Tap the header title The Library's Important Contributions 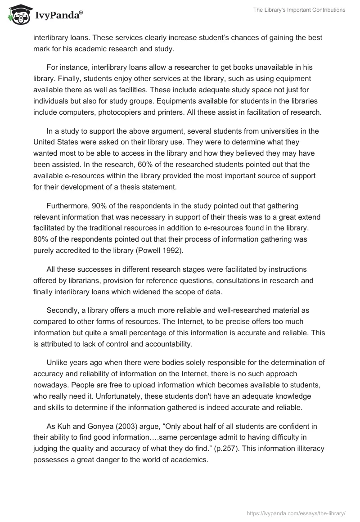(x=302, y=10)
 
